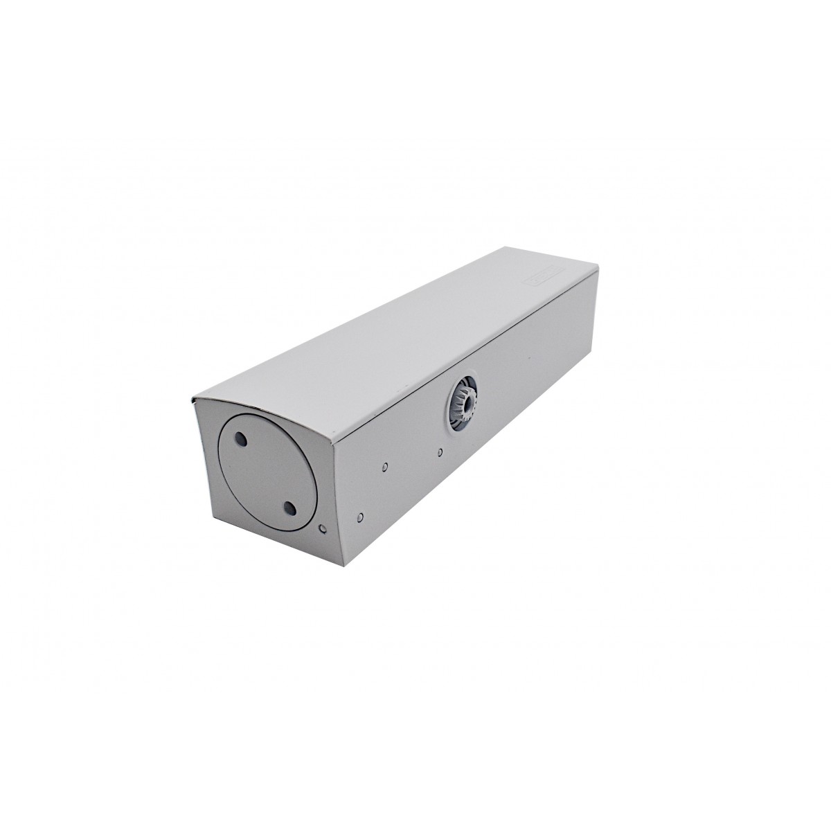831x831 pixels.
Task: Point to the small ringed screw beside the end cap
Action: pyautogui.click(x=321, y=529)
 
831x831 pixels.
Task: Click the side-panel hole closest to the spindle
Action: pyautogui.click(x=441, y=453)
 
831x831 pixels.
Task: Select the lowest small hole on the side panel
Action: pyautogui.click(x=361, y=516)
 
